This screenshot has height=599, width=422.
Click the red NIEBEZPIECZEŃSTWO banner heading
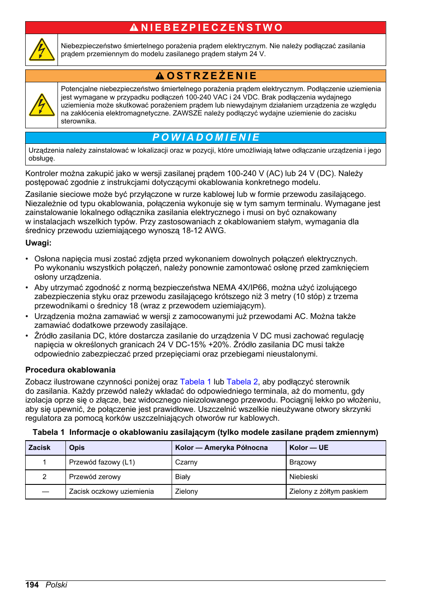[x=206, y=28]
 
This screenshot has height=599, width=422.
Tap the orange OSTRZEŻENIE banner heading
[x=206, y=76]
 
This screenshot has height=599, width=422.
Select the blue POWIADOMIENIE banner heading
[x=206, y=138]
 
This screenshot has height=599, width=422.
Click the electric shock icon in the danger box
[x=42, y=50]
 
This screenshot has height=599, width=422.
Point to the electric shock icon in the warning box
[x=42, y=105]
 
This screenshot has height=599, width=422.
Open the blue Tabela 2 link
[x=242, y=382]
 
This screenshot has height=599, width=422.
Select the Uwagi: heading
[x=38, y=243]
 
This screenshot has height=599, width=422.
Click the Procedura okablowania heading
[x=70, y=370]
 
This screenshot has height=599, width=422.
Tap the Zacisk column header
[x=39, y=448]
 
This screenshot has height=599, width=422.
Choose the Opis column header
[x=77, y=448]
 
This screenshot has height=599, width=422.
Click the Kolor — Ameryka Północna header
[x=221, y=448]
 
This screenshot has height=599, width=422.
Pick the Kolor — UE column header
[x=309, y=448]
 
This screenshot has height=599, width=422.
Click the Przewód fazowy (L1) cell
[x=102, y=462]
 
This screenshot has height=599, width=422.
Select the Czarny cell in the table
[x=186, y=462]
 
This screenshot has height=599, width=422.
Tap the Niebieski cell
[x=303, y=477]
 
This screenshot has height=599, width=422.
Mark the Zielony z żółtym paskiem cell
[x=328, y=491]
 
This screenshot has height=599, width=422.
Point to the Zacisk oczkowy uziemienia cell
[x=111, y=491]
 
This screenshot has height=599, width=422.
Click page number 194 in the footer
[x=32, y=585]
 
